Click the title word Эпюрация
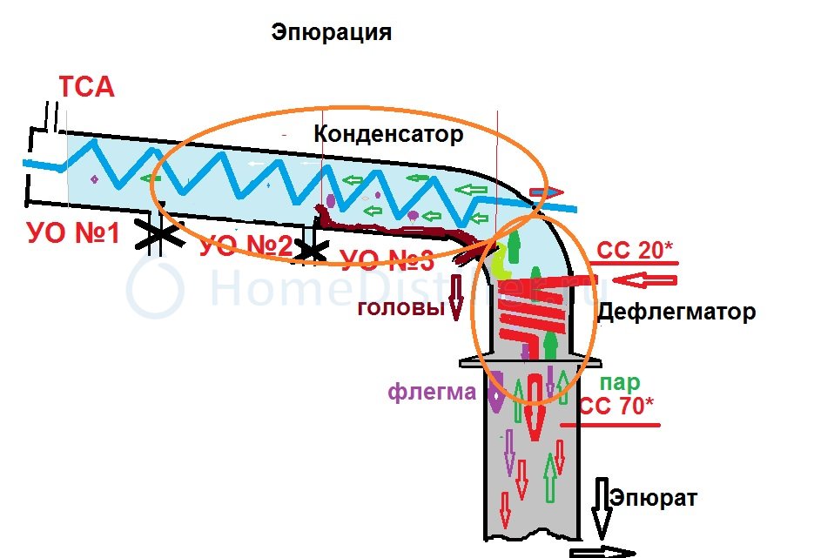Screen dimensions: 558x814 pyautogui.click(x=331, y=33)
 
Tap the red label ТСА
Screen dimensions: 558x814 pyautogui.click(x=86, y=88)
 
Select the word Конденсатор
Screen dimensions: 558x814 pyautogui.click(x=388, y=135)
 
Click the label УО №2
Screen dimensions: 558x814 pyautogui.click(x=246, y=246)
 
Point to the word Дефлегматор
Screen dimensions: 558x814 pyautogui.click(x=676, y=312)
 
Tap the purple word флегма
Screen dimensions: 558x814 pyautogui.click(x=432, y=393)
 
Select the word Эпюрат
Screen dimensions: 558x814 pyautogui.click(x=653, y=499)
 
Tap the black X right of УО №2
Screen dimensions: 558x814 pyautogui.click(x=307, y=250)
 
